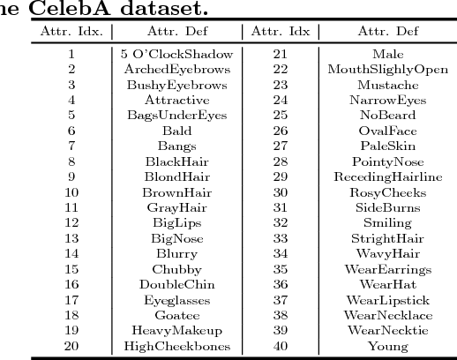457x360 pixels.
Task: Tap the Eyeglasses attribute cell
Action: pos(176,300)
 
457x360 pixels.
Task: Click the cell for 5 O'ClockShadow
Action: pos(176,54)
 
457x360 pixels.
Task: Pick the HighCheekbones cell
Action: pos(176,346)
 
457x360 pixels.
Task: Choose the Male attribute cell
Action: pos(387,54)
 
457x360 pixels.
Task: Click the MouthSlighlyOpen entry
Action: pos(387,70)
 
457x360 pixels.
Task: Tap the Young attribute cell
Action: pos(387,346)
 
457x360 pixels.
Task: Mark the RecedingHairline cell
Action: pos(387,177)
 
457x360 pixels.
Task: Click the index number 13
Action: pos(71,238)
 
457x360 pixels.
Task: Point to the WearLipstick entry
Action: pos(387,300)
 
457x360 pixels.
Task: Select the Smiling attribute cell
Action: pos(387,223)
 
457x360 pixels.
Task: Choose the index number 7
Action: pos(71,146)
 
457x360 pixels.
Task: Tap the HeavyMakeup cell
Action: pos(176,331)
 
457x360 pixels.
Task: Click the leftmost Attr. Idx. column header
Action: pos(71,32)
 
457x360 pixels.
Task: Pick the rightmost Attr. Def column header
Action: pos(387,32)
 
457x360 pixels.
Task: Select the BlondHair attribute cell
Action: pos(176,177)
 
